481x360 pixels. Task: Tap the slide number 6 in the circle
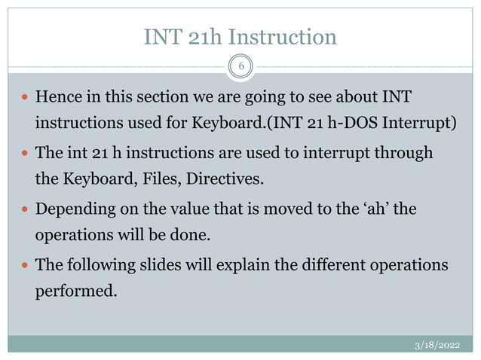[x=240, y=66]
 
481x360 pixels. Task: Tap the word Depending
[x=72, y=209]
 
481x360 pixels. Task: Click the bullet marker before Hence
[x=25, y=98]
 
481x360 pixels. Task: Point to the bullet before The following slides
[x=25, y=266]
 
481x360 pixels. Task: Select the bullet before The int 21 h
[x=25, y=154]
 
